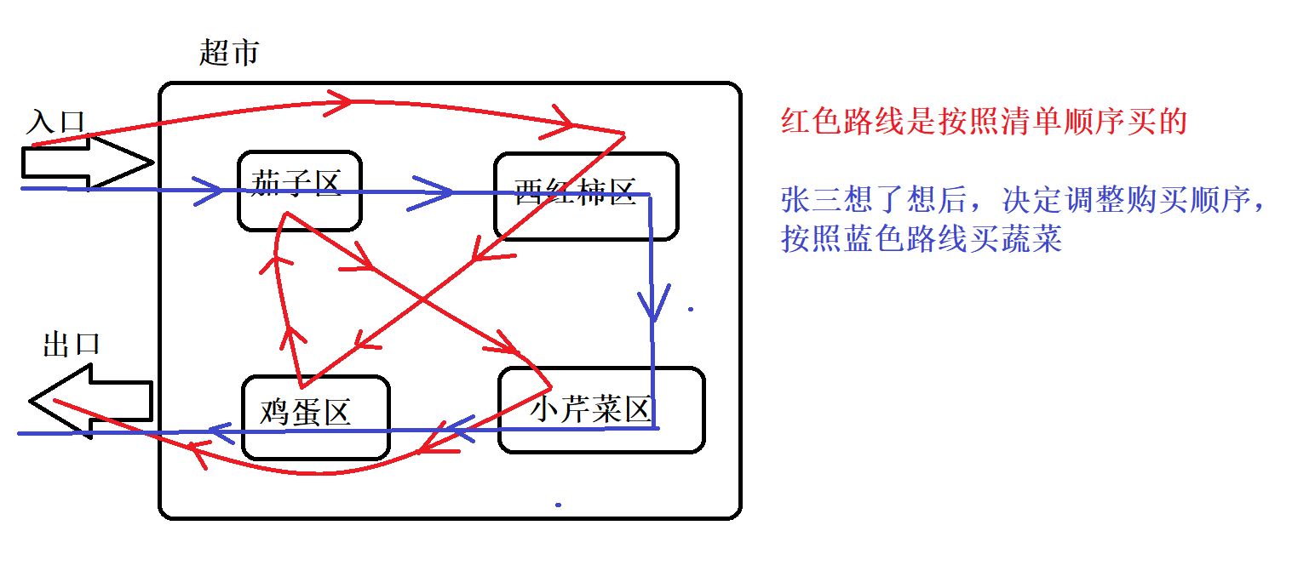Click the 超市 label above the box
[x=229, y=54]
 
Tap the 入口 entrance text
[x=56, y=122]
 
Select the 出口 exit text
[x=72, y=345]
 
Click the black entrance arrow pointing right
[x=85, y=161]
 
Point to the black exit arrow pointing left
[x=89, y=401]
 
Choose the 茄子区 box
[x=299, y=191]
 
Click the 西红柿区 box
[x=586, y=195]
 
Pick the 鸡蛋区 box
[x=315, y=416]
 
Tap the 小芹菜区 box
[x=600, y=409]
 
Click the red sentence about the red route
[x=984, y=123]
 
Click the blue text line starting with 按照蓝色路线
[x=922, y=239]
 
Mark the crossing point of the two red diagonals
[x=422, y=300]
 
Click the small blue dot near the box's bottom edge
[x=558, y=505]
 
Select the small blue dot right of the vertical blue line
[x=690, y=309]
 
